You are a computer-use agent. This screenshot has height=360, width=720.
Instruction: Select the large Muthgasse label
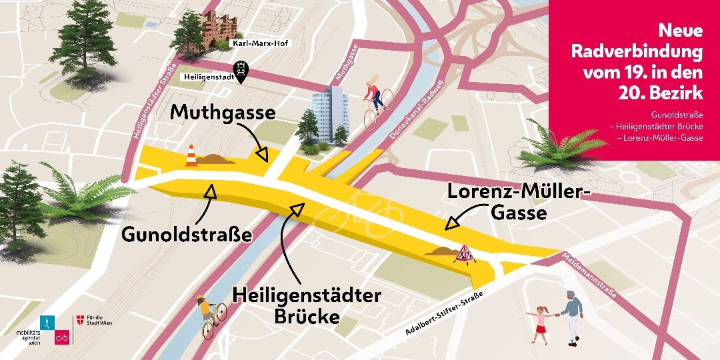(223, 112)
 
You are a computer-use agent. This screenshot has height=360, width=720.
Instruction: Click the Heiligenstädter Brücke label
(307, 305)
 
